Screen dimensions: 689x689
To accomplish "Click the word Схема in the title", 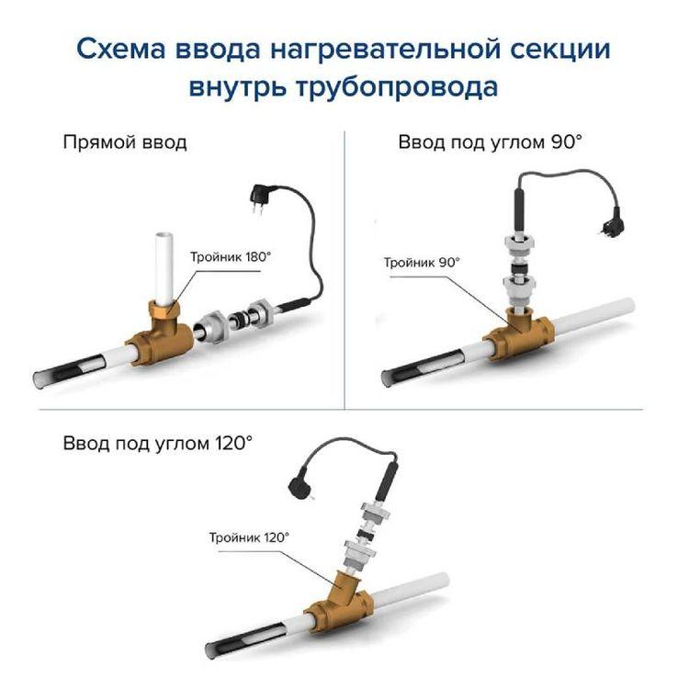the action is [121, 49].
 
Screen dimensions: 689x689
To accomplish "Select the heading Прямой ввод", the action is [125, 142].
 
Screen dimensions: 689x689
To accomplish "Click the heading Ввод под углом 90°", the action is [490, 142].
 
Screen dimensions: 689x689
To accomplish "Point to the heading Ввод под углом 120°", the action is [158, 443].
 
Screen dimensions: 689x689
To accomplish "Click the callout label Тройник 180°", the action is [231, 257].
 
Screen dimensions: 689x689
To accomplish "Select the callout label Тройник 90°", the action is [422, 263].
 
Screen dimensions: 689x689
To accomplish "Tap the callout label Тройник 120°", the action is [249, 537].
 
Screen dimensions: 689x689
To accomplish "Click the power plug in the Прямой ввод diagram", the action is [260, 197].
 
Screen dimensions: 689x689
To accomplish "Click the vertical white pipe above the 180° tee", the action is [164, 269].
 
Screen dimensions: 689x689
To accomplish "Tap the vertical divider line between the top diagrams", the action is [344, 270].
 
